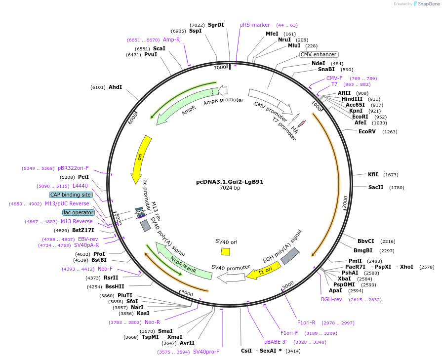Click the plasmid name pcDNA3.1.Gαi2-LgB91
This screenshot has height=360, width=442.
230,181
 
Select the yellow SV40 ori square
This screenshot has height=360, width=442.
225,251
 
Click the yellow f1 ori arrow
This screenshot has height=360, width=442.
264,271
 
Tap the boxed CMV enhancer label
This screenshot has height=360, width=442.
319,54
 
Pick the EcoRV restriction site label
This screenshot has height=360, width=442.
367,131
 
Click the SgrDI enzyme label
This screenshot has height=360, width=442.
216,25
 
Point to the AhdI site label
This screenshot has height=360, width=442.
115,87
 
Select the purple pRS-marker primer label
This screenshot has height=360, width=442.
255,25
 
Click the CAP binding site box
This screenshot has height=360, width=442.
71,195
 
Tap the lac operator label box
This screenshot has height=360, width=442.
79,212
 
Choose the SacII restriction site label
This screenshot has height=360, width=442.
376,187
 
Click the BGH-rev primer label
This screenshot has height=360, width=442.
331,299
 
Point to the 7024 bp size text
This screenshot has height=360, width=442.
230,188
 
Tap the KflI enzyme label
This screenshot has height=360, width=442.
373,174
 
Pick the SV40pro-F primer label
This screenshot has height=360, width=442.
206,352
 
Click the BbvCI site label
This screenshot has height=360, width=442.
366,241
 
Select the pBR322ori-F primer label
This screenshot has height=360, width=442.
73,168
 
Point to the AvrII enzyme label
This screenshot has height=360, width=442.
187,343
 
